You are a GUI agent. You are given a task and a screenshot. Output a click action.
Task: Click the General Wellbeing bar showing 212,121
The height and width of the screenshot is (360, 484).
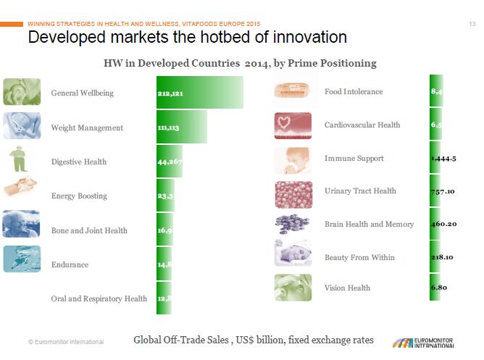click(199, 93)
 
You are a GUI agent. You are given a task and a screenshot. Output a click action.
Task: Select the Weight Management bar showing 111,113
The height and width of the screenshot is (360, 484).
click(181, 127)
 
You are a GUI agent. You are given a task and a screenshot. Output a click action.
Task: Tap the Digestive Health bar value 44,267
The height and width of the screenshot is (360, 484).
click(169, 162)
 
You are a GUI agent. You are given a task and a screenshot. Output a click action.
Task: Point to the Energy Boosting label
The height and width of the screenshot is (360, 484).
click(79, 196)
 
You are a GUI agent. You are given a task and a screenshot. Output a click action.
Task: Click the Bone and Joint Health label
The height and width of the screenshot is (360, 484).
click(89, 230)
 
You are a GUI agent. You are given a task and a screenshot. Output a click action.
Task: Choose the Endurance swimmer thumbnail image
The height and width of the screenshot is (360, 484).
click(22, 259)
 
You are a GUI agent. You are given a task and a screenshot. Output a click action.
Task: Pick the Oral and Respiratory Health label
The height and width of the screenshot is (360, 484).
click(99, 298)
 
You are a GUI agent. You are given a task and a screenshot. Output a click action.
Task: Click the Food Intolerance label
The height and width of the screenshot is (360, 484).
click(354, 92)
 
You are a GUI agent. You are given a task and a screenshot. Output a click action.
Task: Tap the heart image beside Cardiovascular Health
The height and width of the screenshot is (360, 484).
click(293, 125)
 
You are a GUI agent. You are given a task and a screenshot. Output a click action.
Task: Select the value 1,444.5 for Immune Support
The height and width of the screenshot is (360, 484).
click(443, 159)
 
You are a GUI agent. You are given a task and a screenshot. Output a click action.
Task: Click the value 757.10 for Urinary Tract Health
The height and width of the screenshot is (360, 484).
click(443, 191)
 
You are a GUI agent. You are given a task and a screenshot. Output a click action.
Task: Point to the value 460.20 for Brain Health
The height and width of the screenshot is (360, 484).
click(443, 224)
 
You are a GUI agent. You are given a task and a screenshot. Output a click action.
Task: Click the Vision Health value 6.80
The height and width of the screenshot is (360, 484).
click(438, 288)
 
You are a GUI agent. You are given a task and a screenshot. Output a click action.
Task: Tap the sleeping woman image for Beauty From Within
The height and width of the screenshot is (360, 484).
click(293, 254)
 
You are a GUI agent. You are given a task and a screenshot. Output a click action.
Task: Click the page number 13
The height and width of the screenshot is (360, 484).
click(472, 25)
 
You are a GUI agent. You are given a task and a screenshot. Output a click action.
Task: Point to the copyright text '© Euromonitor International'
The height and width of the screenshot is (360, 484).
click(65, 342)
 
